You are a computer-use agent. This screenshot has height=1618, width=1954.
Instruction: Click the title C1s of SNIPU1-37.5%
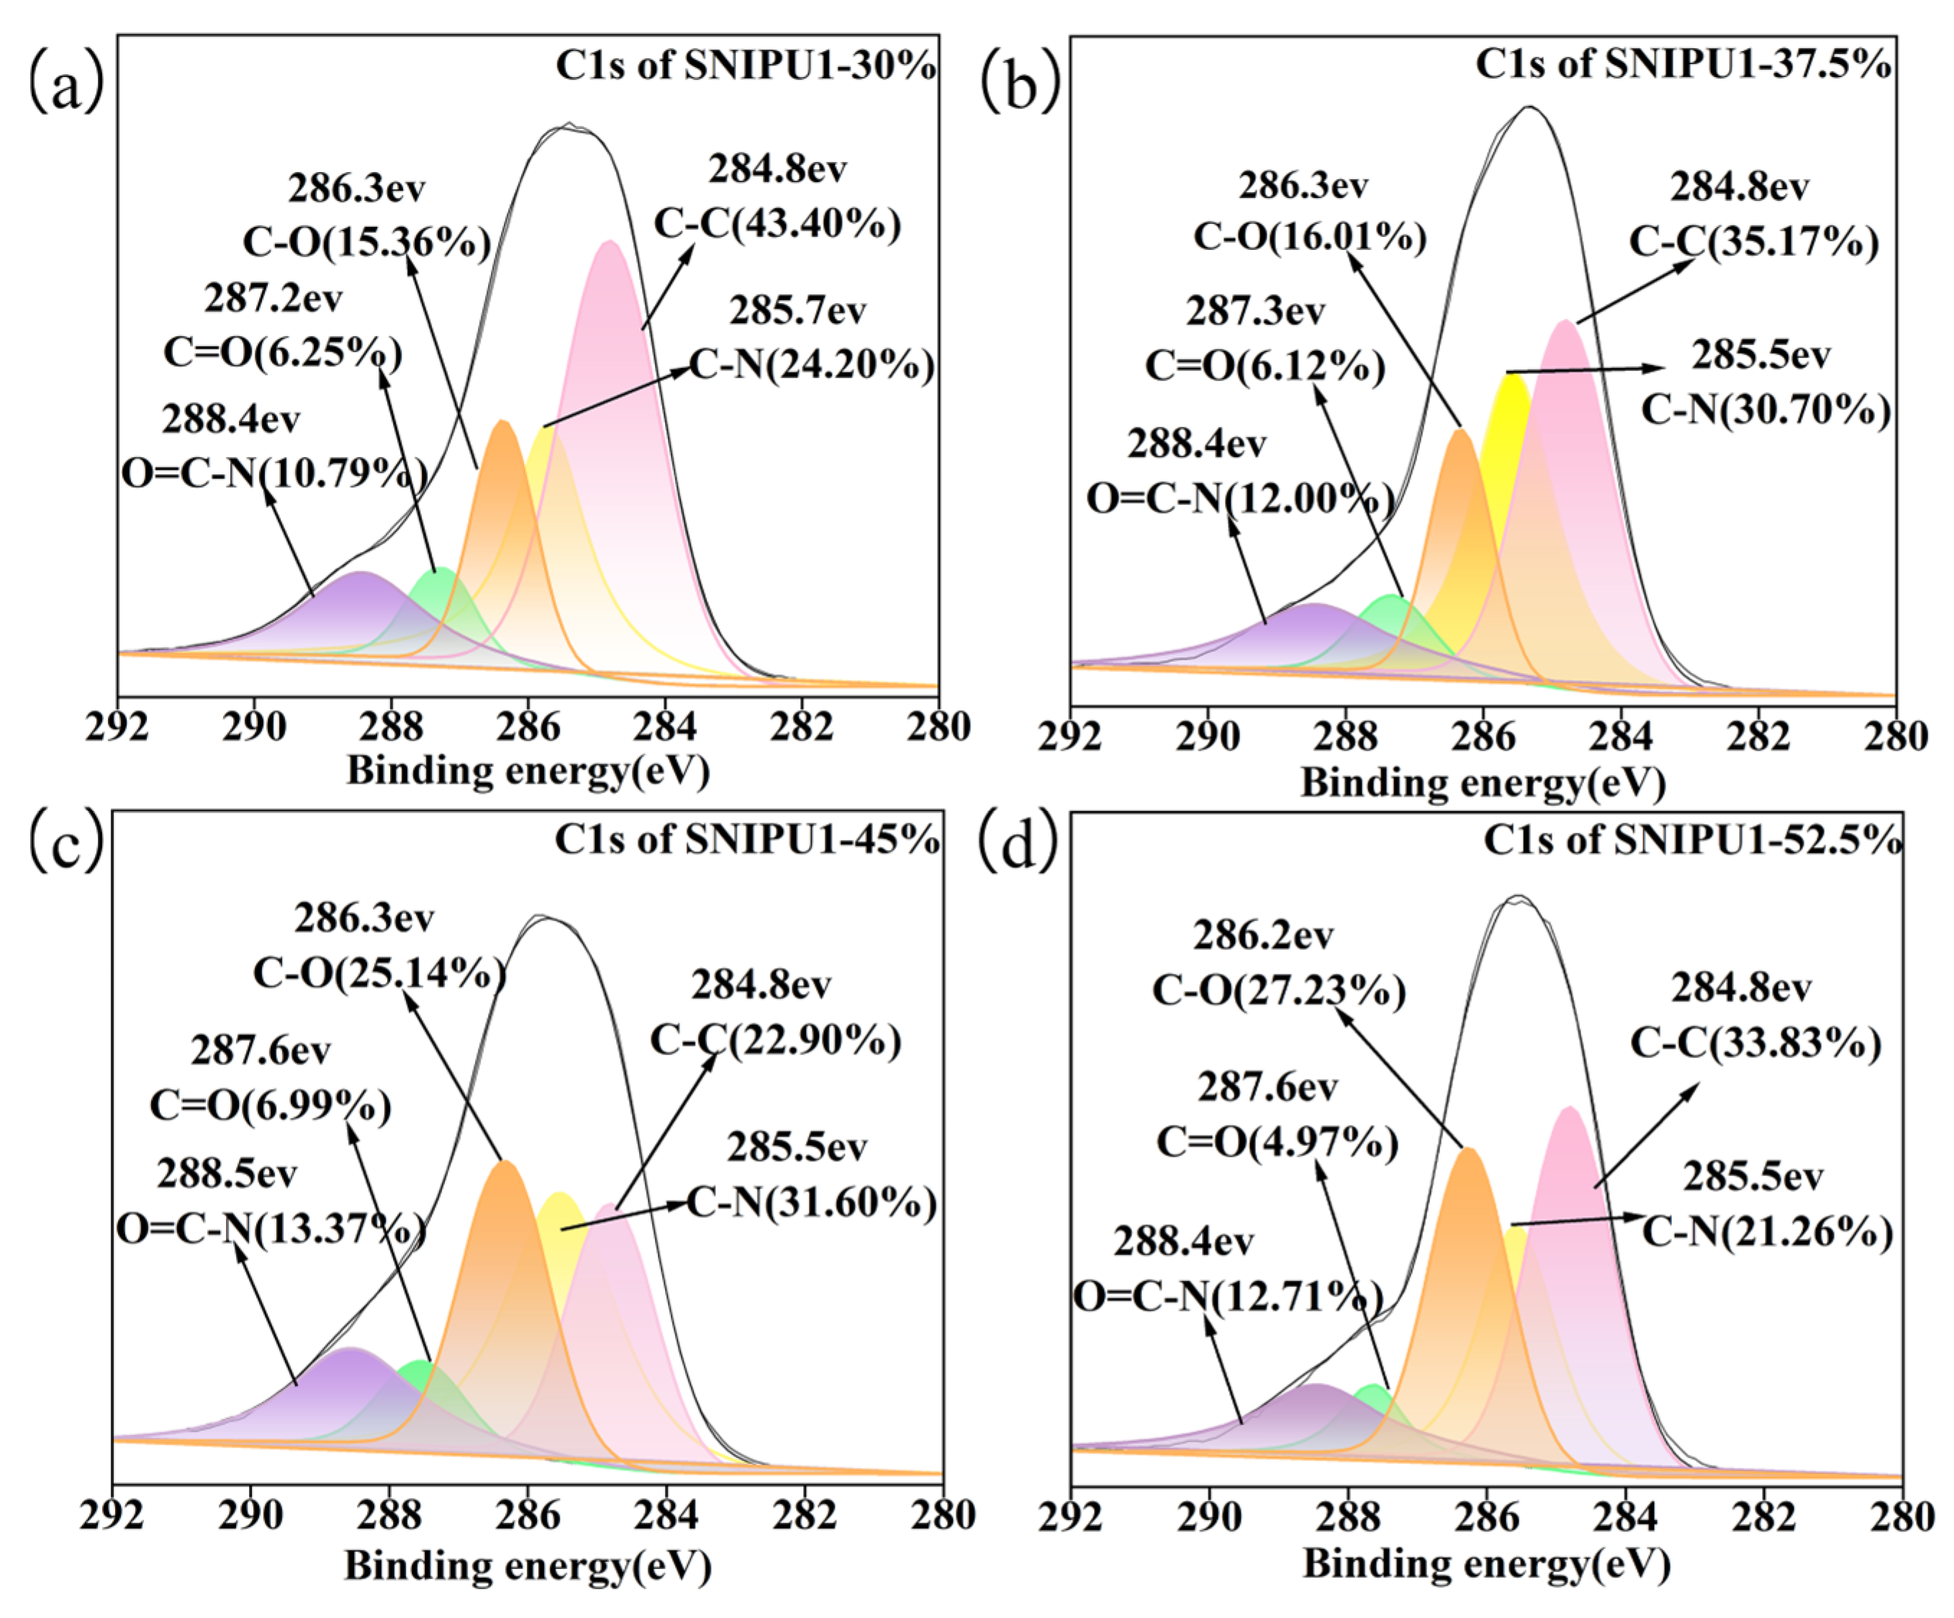[x=1682, y=64]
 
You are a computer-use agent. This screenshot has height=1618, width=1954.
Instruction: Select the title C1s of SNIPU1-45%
[x=746, y=839]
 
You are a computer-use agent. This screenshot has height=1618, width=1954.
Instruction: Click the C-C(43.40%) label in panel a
[x=778, y=225]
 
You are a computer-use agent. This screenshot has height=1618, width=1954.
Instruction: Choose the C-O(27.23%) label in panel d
[x=1278, y=991]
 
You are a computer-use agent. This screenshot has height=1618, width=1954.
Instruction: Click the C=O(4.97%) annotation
[x=1277, y=1142]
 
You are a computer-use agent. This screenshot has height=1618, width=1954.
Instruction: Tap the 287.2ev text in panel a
[x=273, y=299]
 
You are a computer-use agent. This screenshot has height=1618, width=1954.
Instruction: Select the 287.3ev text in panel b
[x=1254, y=312]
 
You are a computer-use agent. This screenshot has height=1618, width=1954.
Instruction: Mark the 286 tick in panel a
[x=528, y=727]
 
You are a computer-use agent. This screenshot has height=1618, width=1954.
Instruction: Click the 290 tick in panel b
[x=1207, y=738]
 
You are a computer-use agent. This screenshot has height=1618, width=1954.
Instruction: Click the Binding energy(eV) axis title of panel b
[x=1483, y=782]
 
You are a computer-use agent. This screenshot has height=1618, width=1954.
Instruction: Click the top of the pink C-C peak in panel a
[x=610, y=242]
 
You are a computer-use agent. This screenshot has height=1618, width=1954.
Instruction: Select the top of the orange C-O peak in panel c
[x=505, y=1162]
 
